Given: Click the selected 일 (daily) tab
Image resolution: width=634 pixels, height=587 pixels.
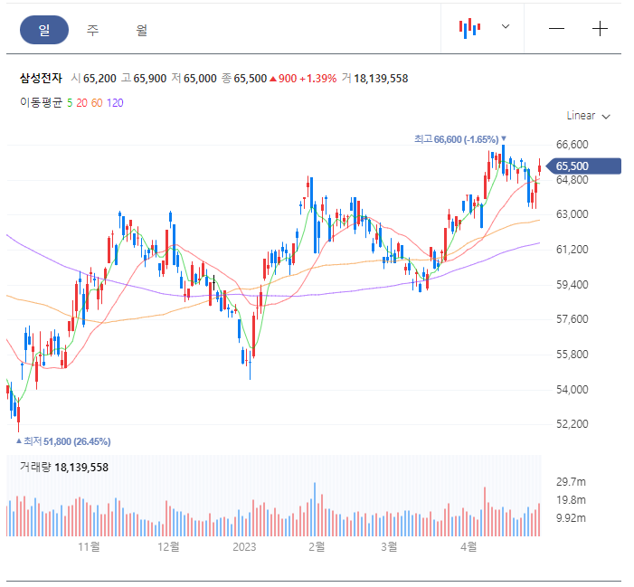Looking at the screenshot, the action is click(44, 30).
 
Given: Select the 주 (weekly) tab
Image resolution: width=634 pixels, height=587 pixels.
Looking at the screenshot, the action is click(92, 30).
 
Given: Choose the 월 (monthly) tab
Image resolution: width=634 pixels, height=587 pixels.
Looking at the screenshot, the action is click(141, 30).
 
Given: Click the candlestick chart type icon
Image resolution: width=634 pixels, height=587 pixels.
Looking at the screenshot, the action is click(469, 28).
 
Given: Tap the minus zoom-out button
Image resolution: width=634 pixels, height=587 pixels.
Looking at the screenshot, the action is click(556, 29).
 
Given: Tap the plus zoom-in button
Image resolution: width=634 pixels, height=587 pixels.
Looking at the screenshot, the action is click(600, 29).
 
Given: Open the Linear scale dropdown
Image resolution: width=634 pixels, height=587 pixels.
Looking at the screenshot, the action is click(588, 116).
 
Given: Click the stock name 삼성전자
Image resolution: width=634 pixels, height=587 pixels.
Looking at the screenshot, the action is click(41, 78).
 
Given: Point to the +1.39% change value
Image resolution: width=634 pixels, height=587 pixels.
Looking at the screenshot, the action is click(317, 79).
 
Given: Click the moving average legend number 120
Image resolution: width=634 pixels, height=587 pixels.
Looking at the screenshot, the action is click(115, 103).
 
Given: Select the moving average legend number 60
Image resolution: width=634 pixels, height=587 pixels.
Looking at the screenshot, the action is click(97, 103).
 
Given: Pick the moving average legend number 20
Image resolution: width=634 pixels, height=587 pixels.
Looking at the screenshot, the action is click(81, 103).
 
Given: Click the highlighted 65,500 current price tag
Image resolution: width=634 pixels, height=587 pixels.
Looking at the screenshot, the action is click(583, 166).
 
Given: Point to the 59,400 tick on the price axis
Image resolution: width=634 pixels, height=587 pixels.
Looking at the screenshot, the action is click(572, 285).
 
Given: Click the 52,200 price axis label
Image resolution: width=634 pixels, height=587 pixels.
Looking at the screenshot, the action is click(572, 424).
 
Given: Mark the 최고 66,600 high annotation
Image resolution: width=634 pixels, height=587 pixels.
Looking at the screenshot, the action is click(460, 139).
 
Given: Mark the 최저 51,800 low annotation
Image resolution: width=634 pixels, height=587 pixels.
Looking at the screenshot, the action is click(63, 441).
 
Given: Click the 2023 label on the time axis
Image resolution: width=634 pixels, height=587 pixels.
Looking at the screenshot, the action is click(244, 547).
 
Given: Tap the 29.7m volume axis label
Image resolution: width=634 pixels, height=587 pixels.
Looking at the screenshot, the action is click(571, 482).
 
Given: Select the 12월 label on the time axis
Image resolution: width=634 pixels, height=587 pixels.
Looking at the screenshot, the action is click(168, 547).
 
